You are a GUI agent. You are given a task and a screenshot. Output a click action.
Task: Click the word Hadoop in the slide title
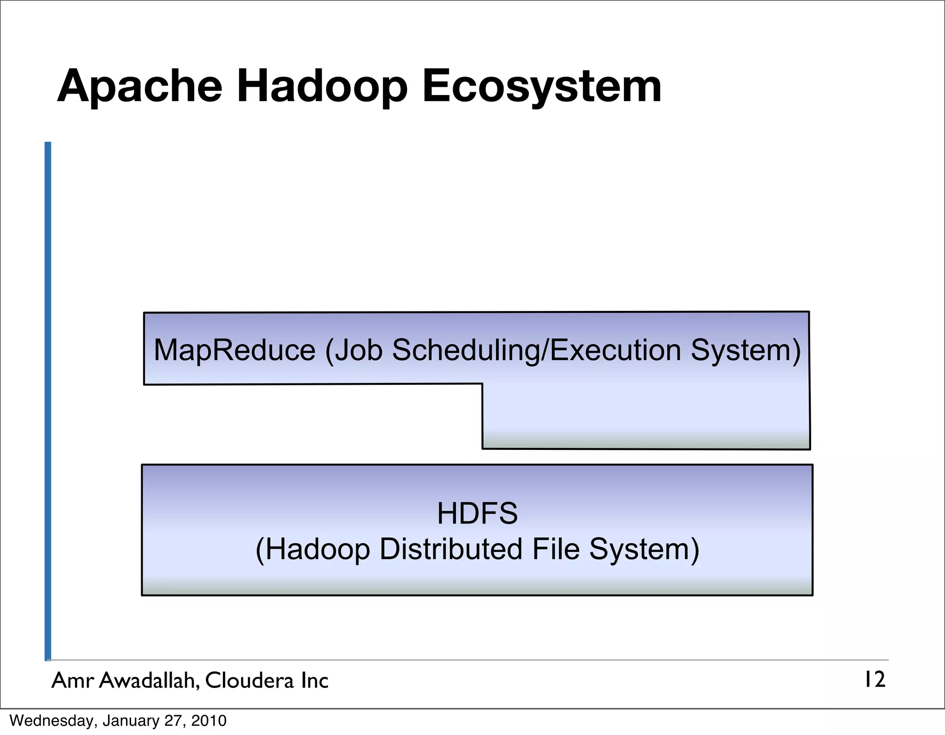click(322, 87)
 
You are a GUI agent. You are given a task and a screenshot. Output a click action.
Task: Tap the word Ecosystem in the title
click(542, 87)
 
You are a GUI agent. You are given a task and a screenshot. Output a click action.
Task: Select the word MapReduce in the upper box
click(234, 350)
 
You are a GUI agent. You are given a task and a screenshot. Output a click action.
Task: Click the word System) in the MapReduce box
click(745, 350)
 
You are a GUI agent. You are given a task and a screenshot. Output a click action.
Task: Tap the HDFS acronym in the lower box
click(477, 514)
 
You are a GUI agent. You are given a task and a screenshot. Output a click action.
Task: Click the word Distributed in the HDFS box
click(451, 550)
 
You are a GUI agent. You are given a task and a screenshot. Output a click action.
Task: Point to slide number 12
click(874, 680)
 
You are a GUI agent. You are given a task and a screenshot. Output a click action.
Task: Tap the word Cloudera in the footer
click(249, 681)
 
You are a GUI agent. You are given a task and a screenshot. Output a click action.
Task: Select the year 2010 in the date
click(209, 721)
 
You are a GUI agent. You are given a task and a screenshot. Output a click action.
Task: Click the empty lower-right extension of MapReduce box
click(646, 415)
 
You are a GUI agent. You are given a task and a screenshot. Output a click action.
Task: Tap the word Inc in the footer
click(314, 681)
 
